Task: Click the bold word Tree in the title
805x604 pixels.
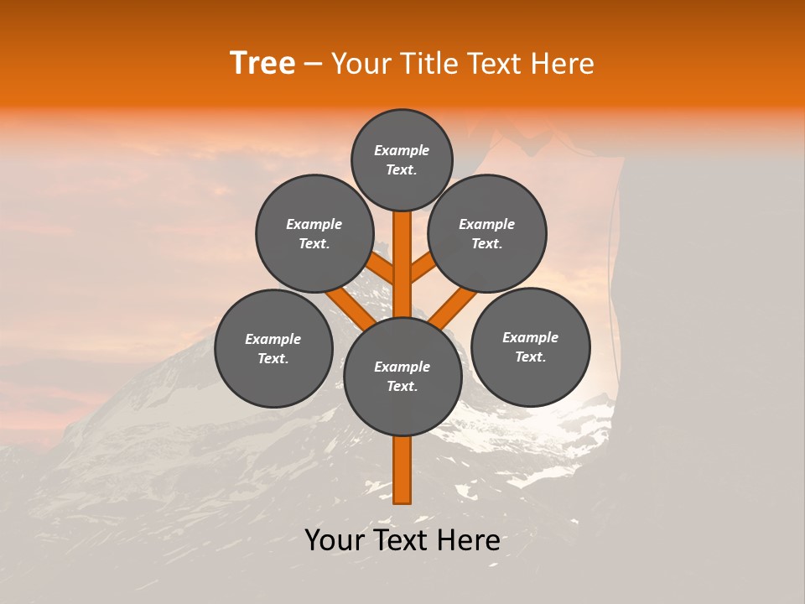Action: click(x=262, y=64)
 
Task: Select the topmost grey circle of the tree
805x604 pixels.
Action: click(x=402, y=159)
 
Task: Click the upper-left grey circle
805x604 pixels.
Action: click(x=314, y=233)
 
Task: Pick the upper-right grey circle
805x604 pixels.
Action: click(x=487, y=233)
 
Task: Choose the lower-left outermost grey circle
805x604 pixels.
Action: click(x=273, y=348)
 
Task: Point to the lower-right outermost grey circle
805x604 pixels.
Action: click(x=531, y=346)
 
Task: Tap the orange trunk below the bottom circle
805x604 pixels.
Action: click(x=402, y=470)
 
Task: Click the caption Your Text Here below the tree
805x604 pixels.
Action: click(x=402, y=540)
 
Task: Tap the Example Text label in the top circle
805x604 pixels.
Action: click(x=402, y=159)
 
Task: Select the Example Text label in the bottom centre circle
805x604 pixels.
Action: click(x=402, y=376)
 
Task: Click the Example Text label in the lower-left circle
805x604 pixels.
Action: click(x=273, y=348)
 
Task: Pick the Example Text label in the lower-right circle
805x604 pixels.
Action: click(x=531, y=346)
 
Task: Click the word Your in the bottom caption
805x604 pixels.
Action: click(x=335, y=540)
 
